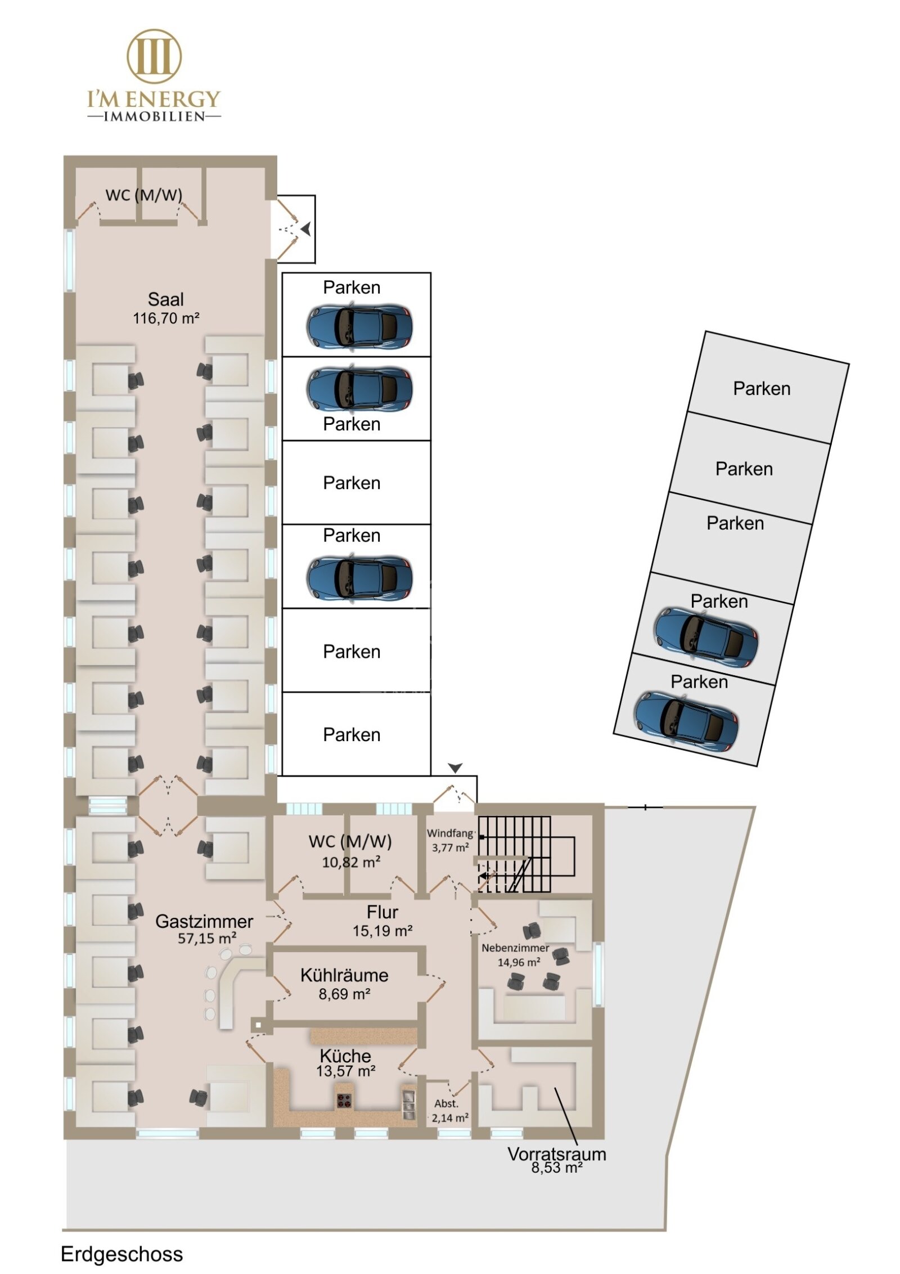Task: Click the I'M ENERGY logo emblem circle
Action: point(154,56)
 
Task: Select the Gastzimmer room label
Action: point(204,921)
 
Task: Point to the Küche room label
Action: point(345,1055)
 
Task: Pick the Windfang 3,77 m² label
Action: point(450,840)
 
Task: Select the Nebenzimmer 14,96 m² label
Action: point(515,955)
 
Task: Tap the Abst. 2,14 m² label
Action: point(449,1111)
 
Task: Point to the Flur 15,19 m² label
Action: point(382,921)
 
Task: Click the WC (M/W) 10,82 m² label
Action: point(350,851)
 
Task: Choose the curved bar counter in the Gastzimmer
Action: point(228,984)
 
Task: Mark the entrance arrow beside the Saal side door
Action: point(305,229)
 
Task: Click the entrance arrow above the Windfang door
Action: point(455,768)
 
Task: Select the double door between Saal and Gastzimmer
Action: point(168,805)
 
